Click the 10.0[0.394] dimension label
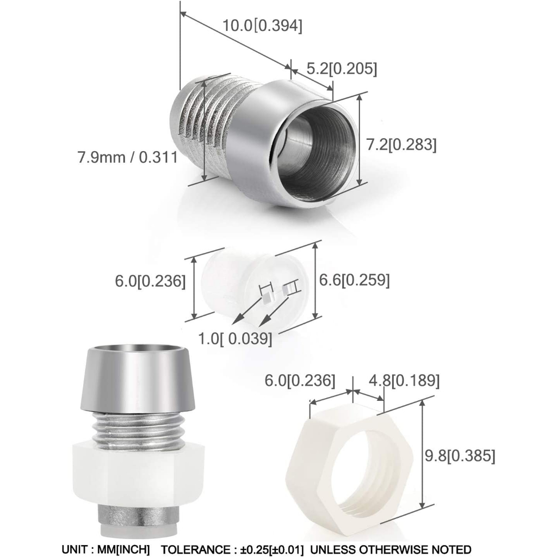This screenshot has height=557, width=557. click(x=263, y=26)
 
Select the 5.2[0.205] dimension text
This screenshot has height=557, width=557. click(x=342, y=69)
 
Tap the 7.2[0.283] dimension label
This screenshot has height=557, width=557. click(x=401, y=145)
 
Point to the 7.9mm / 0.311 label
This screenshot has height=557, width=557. click(x=127, y=157)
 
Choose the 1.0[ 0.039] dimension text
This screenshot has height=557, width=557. click(x=235, y=338)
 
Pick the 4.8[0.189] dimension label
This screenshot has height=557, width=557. click(x=404, y=380)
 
